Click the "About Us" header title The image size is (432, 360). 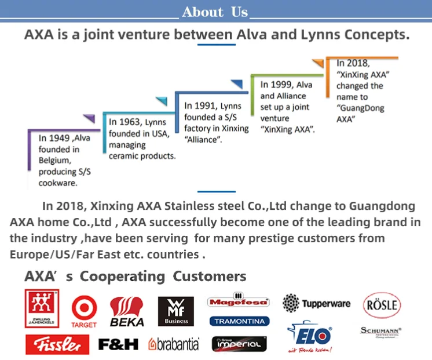click(x=215, y=12)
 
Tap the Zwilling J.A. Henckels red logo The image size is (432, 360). click(x=42, y=308)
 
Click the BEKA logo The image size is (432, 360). click(x=127, y=312)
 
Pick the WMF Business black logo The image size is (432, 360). click(x=176, y=311)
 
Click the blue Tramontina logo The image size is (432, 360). click(x=239, y=321)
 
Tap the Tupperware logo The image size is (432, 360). click(x=316, y=303)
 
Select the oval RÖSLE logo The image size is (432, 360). click(x=382, y=305)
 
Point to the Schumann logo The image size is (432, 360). click(x=381, y=331)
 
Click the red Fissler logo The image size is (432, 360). click(x=57, y=344)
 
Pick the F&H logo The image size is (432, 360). click(x=118, y=344)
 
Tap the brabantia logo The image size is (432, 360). click(x=174, y=344)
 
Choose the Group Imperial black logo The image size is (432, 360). click(x=239, y=344)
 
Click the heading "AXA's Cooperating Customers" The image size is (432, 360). click(x=135, y=277)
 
